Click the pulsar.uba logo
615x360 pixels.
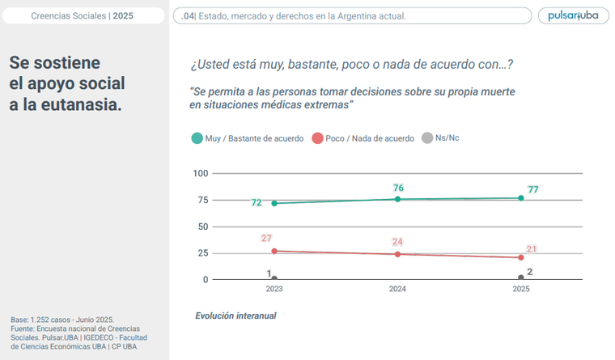(x=572, y=15)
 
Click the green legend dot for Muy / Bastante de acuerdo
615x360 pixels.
(x=197, y=138)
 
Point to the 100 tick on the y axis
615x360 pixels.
(x=200, y=173)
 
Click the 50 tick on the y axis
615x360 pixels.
(x=202, y=227)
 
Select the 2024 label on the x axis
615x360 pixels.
(x=397, y=289)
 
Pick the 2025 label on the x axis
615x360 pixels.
(x=521, y=289)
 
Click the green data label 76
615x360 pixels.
(x=398, y=188)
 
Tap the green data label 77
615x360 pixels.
(x=532, y=189)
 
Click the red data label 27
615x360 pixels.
(x=266, y=238)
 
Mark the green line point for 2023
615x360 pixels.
(x=274, y=203)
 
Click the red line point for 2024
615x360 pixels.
(x=397, y=254)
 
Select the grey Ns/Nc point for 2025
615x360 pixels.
(x=521, y=278)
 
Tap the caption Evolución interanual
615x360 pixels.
(x=235, y=316)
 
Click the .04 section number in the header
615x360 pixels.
(x=188, y=15)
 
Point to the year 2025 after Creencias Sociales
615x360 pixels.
(x=124, y=15)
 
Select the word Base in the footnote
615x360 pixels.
(x=19, y=319)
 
